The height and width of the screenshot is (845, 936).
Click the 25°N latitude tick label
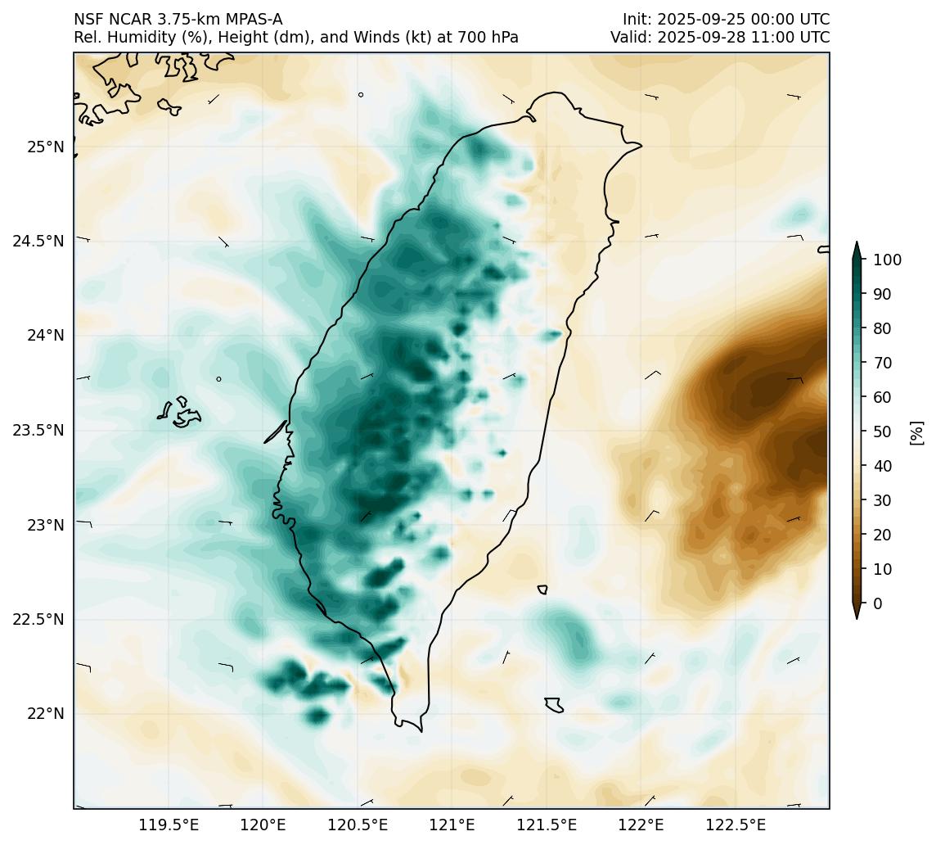(46, 147)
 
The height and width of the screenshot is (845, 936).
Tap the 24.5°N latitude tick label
(38, 241)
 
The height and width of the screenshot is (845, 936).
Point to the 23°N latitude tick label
(46, 524)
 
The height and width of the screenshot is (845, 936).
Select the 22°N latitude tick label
(46, 713)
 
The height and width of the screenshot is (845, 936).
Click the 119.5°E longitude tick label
(169, 824)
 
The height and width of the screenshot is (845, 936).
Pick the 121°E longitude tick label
(452, 824)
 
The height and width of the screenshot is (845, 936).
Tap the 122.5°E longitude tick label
(735, 824)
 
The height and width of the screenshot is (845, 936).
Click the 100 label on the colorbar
(888, 260)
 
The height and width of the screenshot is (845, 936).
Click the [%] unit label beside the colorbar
(916, 432)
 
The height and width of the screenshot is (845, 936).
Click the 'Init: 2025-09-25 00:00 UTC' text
(726, 19)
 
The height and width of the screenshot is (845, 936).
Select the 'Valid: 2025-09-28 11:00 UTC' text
(720, 38)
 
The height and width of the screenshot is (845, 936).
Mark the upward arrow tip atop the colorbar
(857, 243)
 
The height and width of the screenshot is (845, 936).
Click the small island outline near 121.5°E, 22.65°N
(542, 590)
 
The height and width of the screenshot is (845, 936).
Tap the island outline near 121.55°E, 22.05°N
(554, 705)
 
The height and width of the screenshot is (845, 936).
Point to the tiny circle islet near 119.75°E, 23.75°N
(218, 379)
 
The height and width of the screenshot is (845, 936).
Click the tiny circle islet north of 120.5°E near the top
(361, 94)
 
